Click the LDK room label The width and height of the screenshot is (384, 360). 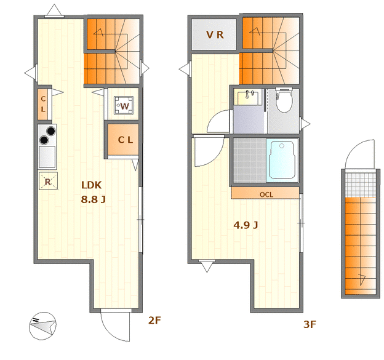click(x=91, y=185)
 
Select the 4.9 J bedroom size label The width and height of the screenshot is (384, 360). click(x=245, y=225)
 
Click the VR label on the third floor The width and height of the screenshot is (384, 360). click(x=215, y=35)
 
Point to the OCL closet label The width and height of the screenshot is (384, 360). click(x=266, y=194)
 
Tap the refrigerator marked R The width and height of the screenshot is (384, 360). click(x=47, y=181)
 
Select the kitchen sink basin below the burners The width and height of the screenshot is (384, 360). click(x=47, y=158)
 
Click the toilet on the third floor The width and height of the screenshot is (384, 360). click(x=284, y=102)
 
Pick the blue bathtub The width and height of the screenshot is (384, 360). click(x=282, y=159)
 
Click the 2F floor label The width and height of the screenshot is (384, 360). click(x=154, y=320)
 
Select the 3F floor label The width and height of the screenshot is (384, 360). click(x=309, y=324)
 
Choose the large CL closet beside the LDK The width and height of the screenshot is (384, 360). click(x=125, y=140)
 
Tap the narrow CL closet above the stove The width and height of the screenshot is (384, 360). click(x=43, y=105)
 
